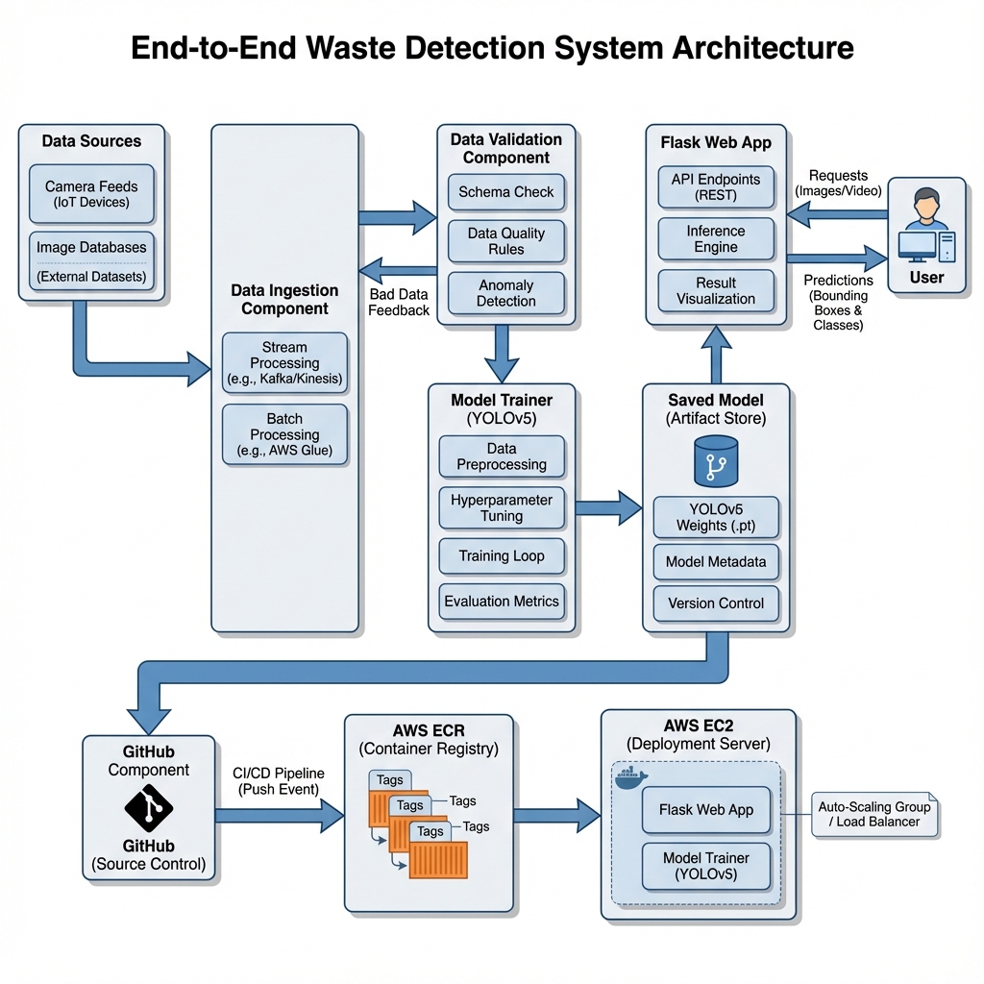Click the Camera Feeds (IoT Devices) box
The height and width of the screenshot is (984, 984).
91,194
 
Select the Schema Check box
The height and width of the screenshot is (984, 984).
505,192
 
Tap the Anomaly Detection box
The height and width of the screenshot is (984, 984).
505,293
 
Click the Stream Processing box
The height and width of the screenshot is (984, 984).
284,363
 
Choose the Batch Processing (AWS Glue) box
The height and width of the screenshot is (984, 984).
284,434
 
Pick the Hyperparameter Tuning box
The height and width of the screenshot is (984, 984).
501,508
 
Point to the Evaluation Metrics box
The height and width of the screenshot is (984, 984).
501,602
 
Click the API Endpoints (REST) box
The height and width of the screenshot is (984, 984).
715,187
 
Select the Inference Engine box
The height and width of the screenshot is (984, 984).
715,239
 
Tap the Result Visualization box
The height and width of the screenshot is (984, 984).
715,291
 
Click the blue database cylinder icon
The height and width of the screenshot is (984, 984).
715,461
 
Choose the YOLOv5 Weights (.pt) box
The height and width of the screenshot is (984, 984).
715,517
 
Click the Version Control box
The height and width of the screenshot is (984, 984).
715,603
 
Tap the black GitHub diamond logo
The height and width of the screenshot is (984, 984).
149,808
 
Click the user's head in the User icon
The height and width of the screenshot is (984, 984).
925,202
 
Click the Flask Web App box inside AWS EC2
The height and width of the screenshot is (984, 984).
706,810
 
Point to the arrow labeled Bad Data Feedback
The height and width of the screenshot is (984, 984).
398,270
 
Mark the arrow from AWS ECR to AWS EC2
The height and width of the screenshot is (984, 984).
556,815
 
